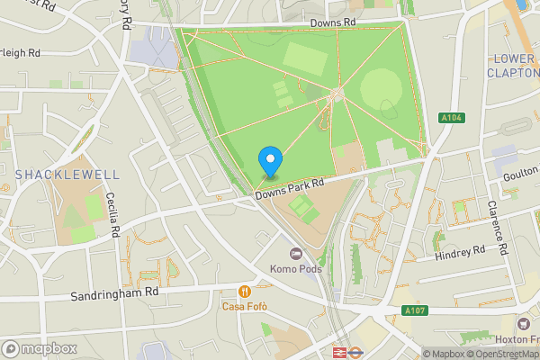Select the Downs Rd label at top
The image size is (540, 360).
click(x=333, y=22)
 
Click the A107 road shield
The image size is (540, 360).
click(x=414, y=310)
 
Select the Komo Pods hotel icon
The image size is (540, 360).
click(x=296, y=254)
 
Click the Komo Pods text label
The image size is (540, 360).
click(x=296, y=269)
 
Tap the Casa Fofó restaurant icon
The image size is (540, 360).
click(x=244, y=291)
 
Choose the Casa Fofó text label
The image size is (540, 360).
click(x=245, y=306)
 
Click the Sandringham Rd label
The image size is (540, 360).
click(x=114, y=294)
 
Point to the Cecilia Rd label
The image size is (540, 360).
click(x=112, y=214)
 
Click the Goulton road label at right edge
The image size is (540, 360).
click(x=521, y=179)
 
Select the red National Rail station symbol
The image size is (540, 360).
click(x=341, y=353)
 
